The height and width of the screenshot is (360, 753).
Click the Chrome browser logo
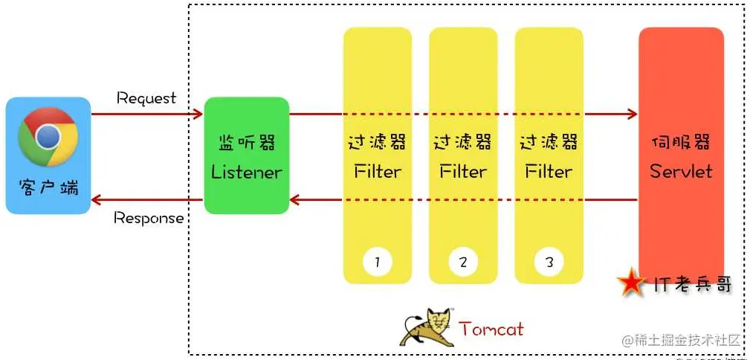pyautogui.click(x=48, y=137)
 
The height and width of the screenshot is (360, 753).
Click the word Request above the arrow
pyautogui.click(x=146, y=98)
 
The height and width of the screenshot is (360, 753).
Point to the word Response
pyautogui.click(x=149, y=218)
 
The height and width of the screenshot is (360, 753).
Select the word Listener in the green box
pyautogui.click(x=246, y=172)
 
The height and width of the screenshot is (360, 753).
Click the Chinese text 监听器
pyautogui.click(x=246, y=142)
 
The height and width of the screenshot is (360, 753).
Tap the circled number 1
pyautogui.click(x=378, y=261)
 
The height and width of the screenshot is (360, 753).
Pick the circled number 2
pyautogui.click(x=463, y=261)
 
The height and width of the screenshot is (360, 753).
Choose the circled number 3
pyautogui.click(x=549, y=261)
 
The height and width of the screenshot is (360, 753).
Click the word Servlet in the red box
pyautogui.click(x=681, y=171)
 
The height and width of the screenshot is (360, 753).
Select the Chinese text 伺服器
pyautogui.click(x=681, y=142)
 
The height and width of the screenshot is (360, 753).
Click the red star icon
pyautogui.click(x=632, y=283)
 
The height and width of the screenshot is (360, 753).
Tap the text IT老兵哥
pyautogui.click(x=692, y=283)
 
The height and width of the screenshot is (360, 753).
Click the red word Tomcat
pyautogui.click(x=491, y=328)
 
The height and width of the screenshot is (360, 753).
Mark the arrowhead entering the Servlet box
pyautogui.click(x=633, y=114)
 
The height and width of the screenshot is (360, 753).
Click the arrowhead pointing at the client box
pyautogui.click(x=96, y=199)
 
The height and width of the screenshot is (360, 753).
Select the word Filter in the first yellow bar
pyautogui.click(x=378, y=172)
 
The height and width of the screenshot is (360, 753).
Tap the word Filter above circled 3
pyautogui.click(x=549, y=172)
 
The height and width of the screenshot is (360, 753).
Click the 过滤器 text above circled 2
pyautogui.click(x=463, y=142)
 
